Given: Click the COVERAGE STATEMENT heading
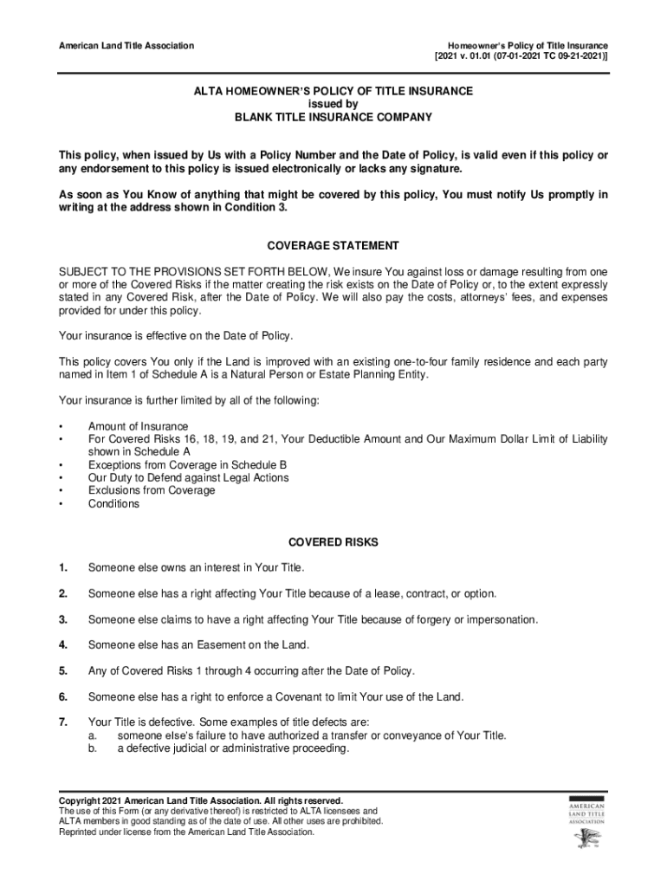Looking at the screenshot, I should (x=333, y=246).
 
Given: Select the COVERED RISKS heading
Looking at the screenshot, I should (x=333, y=542).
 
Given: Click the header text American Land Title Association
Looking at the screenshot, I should (x=126, y=45).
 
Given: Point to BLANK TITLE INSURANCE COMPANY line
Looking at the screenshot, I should (x=333, y=117).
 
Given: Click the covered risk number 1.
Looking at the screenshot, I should (x=62, y=568).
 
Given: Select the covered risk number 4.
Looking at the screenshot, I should (x=62, y=645).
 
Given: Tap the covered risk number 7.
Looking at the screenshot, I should (x=62, y=722).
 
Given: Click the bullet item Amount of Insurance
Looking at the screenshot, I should (x=138, y=426).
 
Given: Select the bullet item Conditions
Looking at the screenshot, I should (x=113, y=503).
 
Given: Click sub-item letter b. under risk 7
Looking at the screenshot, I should (x=92, y=748).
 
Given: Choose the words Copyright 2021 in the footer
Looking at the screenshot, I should (x=94, y=800).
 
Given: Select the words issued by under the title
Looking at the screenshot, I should (x=333, y=104).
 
